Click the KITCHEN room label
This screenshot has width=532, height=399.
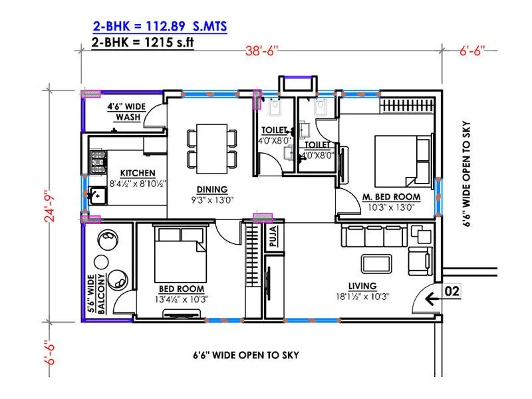(138, 172)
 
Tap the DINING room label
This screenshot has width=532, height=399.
(212, 188)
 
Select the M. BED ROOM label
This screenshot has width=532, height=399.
(392, 197)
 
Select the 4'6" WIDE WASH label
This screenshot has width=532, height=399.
(128, 111)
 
